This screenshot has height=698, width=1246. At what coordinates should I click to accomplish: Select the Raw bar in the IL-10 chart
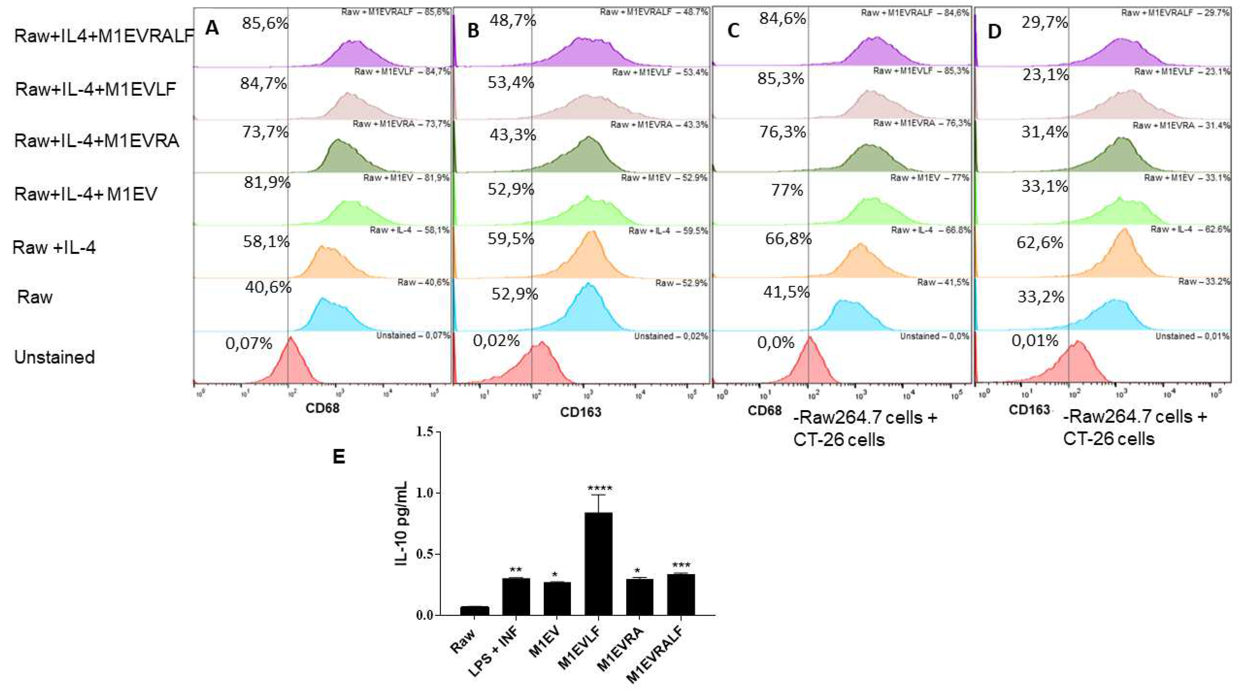[474, 611]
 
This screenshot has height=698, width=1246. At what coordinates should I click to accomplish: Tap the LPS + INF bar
[516, 597]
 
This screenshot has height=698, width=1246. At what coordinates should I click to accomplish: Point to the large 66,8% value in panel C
[788, 238]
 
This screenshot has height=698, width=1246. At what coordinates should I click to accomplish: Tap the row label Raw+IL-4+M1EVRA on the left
[97, 141]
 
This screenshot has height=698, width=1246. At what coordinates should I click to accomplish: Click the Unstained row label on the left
[54, 357]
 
